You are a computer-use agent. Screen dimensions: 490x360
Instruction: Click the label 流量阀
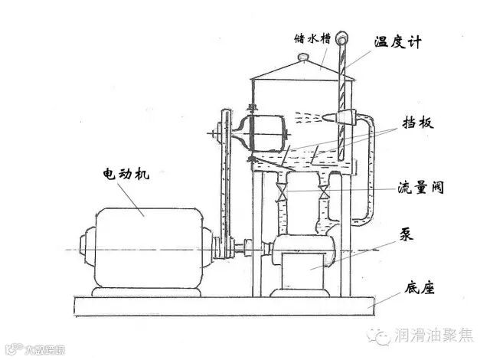tap(420, 186)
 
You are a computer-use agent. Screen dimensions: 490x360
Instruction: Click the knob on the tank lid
tap(302, 57)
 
